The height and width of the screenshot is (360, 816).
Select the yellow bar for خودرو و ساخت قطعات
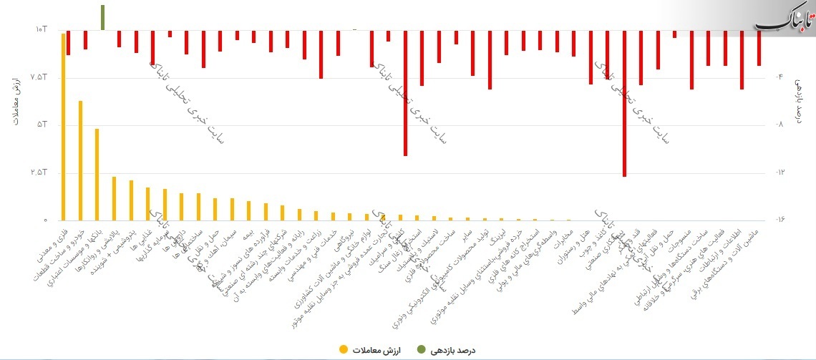click(80, 160)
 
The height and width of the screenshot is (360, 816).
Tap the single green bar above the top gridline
click(103, 17)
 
